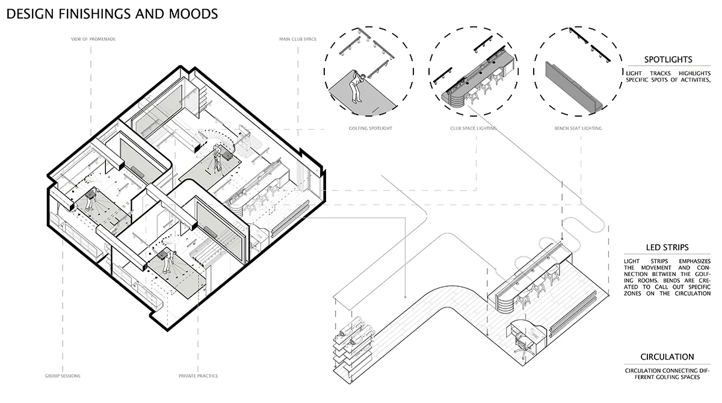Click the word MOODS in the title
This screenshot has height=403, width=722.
coord(193,14)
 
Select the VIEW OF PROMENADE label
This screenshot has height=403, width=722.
coord(93,39)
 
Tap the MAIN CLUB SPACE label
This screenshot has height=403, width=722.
coord(298,39)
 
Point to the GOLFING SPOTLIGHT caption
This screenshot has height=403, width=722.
coord(371,128)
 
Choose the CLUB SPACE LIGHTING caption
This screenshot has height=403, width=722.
coord(473,128)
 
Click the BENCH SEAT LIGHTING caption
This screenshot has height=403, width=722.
coord(578,128)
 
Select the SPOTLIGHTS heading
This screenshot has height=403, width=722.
coord(668,60)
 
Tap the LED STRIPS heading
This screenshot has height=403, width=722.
coord(667,247)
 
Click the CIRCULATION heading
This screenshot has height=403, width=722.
coord(667,357)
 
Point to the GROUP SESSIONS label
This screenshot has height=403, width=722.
coord(63,376)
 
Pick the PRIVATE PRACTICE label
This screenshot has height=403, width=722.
coord(198,376)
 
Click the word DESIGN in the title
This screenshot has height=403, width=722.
coord(30,14)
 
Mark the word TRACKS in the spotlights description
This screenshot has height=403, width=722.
coord(660,73)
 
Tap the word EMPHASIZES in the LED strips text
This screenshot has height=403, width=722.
coord(694,261)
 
